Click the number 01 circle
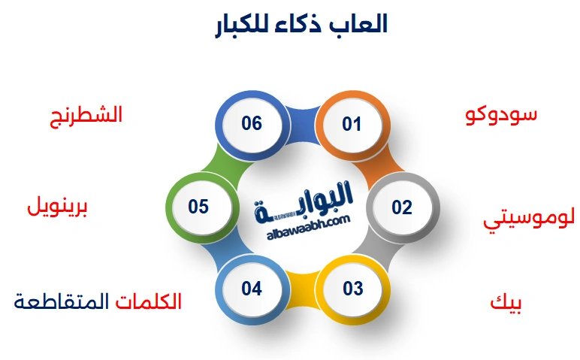(352, 124)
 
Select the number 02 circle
(402, 207)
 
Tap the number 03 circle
(352, 289)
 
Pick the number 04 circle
(252, 289)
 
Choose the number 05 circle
(198, 207)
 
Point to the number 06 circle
(252, 123)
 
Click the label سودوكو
(500, 114)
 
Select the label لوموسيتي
(529, 219)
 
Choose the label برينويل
(58, 206)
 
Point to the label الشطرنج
(85, 116)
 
